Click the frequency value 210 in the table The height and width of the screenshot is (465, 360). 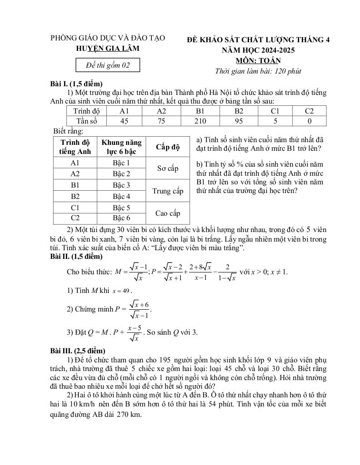click(x=200, y=121)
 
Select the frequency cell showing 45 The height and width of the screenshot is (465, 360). click(x=124, y=121)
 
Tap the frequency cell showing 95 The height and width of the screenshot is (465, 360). click(x=239, y=121)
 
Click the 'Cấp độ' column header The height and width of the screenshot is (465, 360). click(x=168, y=147)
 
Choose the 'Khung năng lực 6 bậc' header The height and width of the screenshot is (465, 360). click(x=121, y=147)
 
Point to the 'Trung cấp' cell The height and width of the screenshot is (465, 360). click(x=168, y=191)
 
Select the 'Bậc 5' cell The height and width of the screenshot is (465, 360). click(x=121, y=208)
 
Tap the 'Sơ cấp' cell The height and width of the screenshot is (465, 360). click(x=168, y=168)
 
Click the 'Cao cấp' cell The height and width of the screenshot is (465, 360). click(x=168, y=213)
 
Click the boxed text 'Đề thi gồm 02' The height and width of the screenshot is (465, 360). click(x=108, y=65)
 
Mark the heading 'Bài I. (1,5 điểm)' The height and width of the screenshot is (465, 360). click(x=76, y=84)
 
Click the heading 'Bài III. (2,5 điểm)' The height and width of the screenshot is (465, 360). click(x=78, y=351)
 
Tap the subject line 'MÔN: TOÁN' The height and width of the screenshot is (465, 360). click(x=258, y=60)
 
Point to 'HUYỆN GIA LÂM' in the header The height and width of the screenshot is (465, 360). click(x=108, y=49)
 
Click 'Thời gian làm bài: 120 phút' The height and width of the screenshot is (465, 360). click(x=258, y=71)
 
